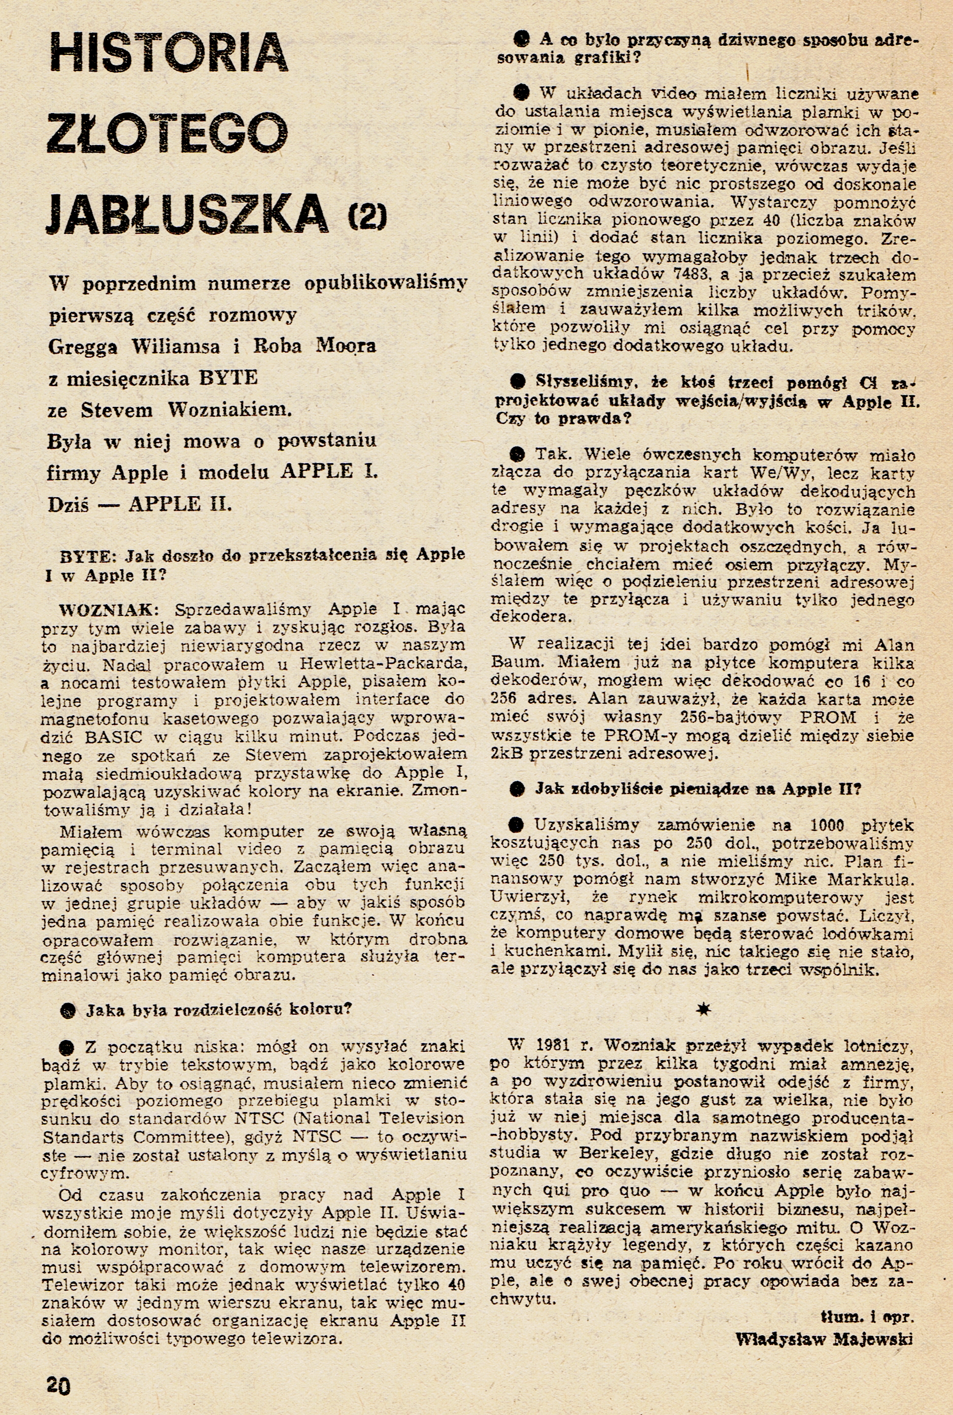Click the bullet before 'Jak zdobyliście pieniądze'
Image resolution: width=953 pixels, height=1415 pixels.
[x=517, y=789]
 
